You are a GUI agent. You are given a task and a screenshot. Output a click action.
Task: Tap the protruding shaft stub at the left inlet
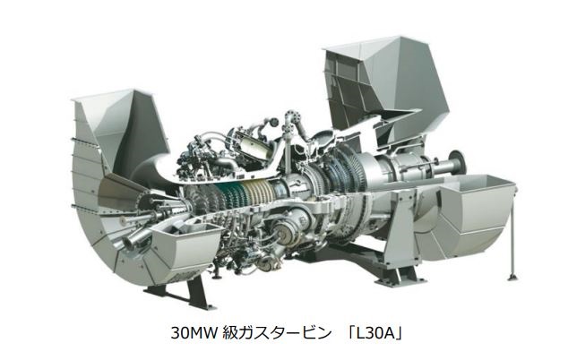coord(134,238)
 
